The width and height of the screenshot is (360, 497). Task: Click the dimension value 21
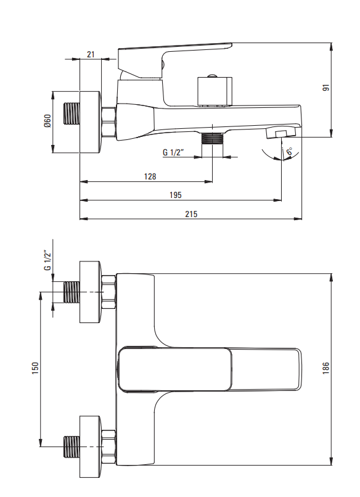click(x=91, y=54)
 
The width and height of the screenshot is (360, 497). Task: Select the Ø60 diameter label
click(x=47, y=121)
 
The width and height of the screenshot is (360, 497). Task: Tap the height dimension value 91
click(x=326, y=88)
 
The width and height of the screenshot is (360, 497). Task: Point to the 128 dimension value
click(x=150, y=176)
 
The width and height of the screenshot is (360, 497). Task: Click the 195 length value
click(x=176, y=195)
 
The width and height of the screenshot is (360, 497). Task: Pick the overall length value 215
click(x=191, y=214)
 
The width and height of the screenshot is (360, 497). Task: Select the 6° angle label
click(x=289, y=151)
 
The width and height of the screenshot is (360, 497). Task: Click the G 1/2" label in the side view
click(x=173, y=152)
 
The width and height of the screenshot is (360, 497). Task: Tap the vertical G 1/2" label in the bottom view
click(x=47, y=261)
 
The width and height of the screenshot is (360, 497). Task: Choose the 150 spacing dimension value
click(x=35, y=368)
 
